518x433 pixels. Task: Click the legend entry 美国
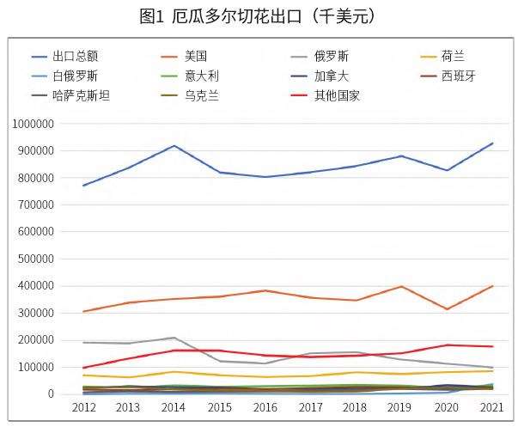(x=196, y=56)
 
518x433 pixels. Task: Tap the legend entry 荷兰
(x=453, y=56)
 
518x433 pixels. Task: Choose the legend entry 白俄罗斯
(x=76, y=76)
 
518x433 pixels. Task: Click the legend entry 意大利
(x=202, y=76)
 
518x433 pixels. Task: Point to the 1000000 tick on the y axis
(x=34, y=124)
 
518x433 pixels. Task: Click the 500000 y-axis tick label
(x=37, y=259)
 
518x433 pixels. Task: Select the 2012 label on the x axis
(x=84, y=407)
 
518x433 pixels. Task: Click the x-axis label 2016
(x=265, y=407)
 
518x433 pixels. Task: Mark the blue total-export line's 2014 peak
(x=175, y=145)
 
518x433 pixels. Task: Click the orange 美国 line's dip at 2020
(x=448, y=309)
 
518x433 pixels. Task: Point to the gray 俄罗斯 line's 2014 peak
(x=175, y=338)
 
